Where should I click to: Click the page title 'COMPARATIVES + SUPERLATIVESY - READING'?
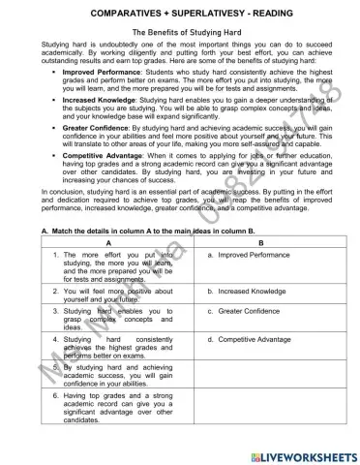tap(180, 13)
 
